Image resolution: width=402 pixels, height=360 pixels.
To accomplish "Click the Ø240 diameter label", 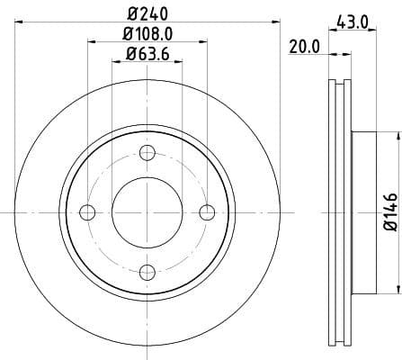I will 147,13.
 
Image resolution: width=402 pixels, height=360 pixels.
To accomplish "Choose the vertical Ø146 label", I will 389,212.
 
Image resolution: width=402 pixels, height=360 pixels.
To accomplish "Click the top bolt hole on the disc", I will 147,152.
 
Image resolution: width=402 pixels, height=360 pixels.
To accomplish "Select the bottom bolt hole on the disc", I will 147,270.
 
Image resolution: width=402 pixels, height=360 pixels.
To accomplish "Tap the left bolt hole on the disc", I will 88,211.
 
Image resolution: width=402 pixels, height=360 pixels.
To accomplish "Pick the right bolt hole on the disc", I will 207,211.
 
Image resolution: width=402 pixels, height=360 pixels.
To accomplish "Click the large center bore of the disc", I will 147,211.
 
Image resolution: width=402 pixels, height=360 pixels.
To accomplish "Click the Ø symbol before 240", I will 132,13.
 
